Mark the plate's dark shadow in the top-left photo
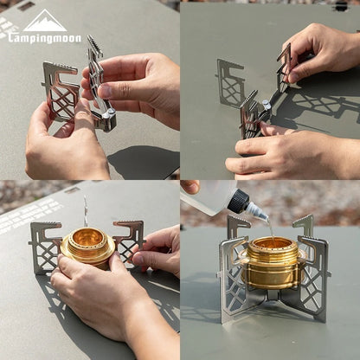click(x=143, y=160)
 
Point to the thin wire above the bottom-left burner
click(x=85, y=210)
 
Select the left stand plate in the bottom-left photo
click(x=45, y=246)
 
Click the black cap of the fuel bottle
click(x=238, y=202)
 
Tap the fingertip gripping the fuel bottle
click(x=190, y=186)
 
